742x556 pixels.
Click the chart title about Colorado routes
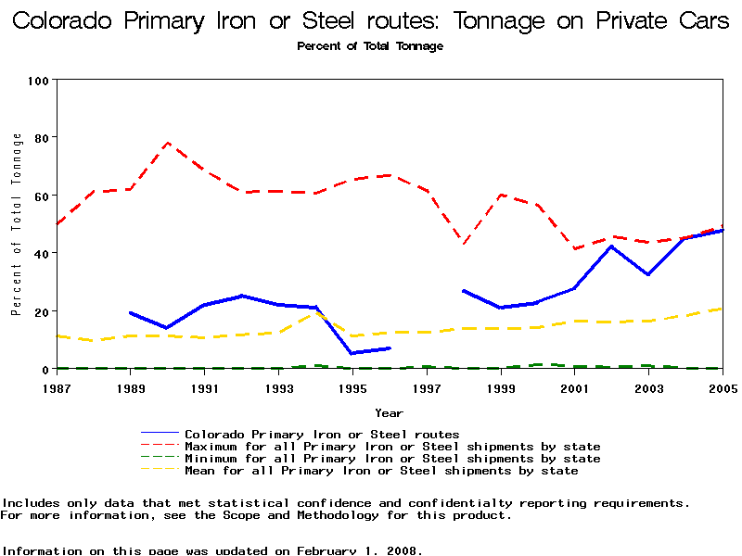coord(371,21)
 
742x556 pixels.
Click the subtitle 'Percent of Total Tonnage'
coord(370,46)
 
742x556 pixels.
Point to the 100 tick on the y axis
coord(38,81)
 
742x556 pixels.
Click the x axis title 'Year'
coord(389,412)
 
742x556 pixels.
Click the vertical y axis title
coord(17,224)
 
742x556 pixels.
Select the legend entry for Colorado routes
coord(322,434)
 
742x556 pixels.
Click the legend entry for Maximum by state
coord(392,447)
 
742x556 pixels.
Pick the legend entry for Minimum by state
coord(392,459)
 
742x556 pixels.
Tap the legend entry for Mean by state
coord(381,471)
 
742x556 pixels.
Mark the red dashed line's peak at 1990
coord(168,143)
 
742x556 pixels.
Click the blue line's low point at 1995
coord(352,353)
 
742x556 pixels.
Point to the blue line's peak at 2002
coord(611,246)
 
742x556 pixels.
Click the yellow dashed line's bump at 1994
coord(315,312)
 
